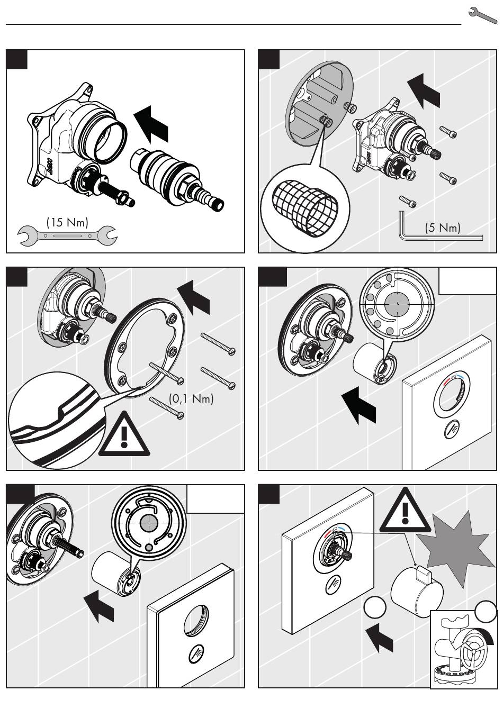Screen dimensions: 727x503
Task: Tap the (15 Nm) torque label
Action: pyautogui.click(x=67, y=222)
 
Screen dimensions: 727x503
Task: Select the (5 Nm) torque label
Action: pyautogui.click(x=443, y=228)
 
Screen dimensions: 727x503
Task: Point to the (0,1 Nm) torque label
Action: pyautogui.click(x=191, y=398)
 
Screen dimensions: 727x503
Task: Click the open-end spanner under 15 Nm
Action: pyautogui.click(x=67, y=235)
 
